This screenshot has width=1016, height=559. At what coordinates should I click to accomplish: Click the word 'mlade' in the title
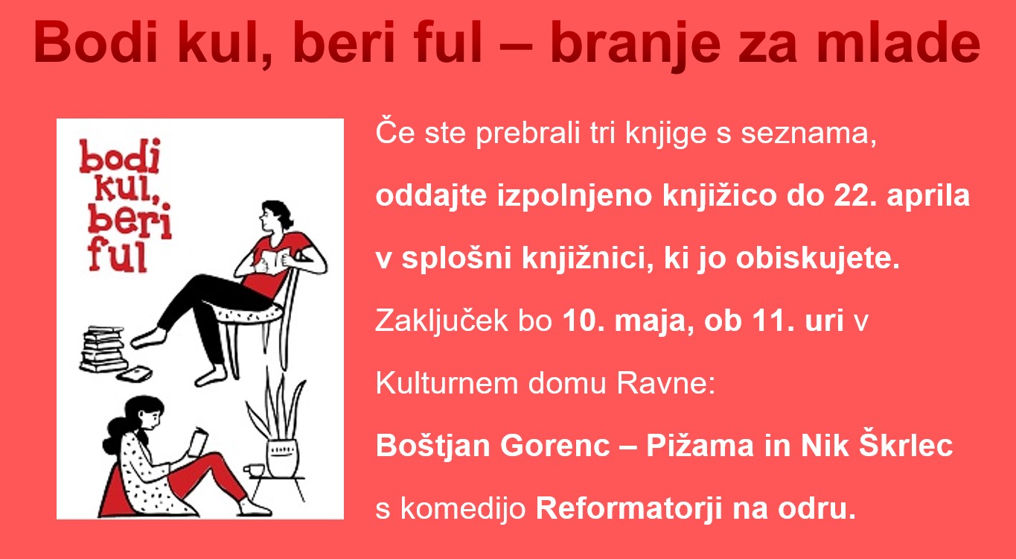coord(898,42)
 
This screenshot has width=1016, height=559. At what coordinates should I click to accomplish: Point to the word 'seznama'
coord(808,134)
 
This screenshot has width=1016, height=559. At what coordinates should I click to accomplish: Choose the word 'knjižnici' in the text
coord(587,259)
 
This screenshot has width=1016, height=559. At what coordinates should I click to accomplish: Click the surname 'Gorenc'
coord(555,446)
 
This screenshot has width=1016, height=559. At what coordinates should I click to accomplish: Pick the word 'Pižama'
coord(700,446)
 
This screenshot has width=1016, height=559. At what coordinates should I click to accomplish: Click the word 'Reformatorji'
coord(629,510)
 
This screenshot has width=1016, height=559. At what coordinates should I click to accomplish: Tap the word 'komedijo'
coord(463,510)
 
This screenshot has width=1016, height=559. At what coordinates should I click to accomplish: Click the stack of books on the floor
coord(103,349)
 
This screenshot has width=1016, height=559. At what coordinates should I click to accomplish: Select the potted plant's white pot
coord(283,458)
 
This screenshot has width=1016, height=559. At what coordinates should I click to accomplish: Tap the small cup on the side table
coord(254,470)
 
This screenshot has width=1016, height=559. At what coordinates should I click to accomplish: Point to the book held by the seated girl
coord(198,441)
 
